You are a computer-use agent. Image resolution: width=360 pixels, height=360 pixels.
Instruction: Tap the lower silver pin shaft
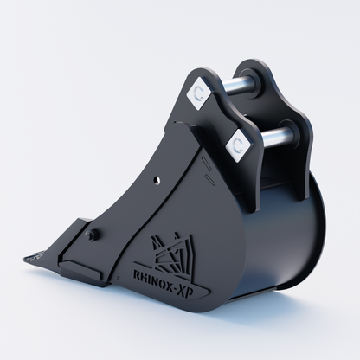275,135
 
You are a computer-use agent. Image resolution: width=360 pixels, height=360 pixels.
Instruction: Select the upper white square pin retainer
200,93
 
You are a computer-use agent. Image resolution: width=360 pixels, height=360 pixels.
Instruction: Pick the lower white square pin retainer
239,145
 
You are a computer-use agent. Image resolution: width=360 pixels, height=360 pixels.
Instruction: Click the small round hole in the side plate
157,180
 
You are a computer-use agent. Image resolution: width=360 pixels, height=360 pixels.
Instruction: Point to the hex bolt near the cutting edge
92,235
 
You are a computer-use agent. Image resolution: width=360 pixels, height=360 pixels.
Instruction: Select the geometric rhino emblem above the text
171,251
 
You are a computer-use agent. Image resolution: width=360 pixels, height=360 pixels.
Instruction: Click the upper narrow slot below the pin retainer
206,163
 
